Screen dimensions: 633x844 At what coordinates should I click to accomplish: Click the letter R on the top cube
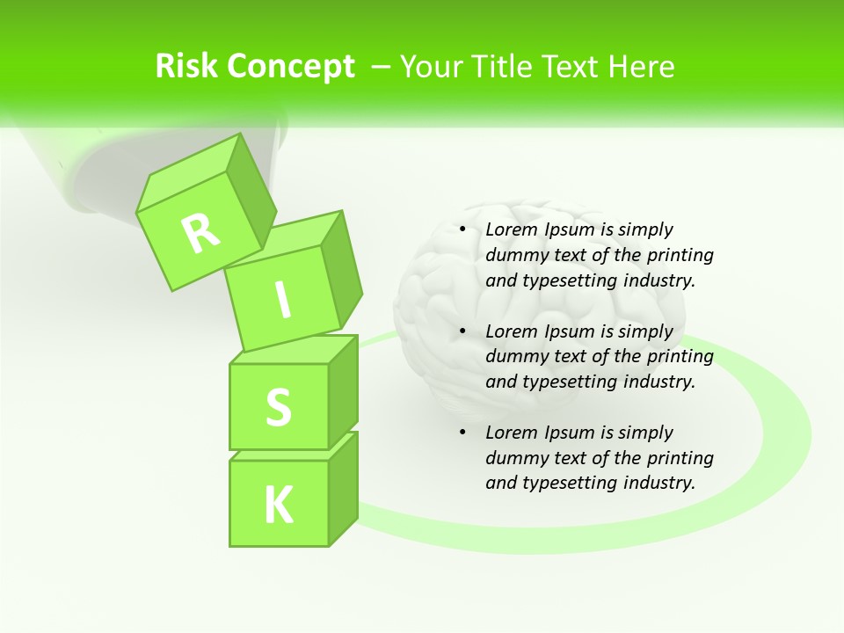200,232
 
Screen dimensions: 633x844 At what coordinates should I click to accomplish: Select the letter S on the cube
278,407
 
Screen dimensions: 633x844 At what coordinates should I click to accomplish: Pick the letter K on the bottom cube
278,505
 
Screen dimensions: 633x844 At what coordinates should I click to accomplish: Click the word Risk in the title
186,67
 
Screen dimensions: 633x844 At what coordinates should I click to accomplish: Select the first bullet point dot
462,230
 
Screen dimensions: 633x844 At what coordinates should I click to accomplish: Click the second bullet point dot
462,331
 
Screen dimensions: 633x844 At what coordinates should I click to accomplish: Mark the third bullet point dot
462,433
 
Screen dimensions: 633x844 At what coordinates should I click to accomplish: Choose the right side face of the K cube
343,488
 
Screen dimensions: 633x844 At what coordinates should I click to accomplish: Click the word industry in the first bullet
658,280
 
